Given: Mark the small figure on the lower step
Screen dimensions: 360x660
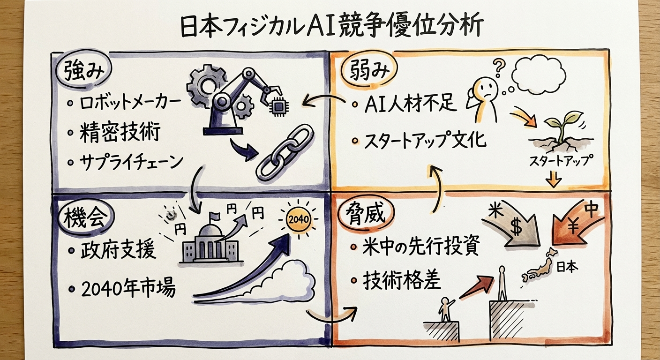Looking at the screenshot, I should click(x=444, y=307).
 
